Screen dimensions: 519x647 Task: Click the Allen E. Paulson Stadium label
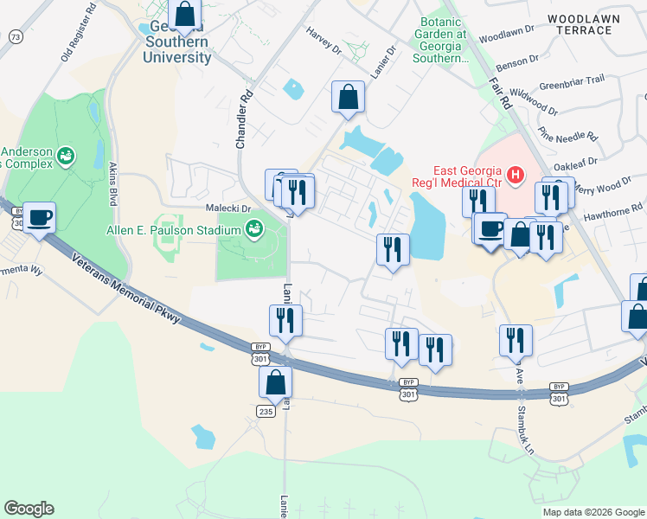(196, 229)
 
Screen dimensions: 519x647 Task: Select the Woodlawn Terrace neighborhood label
(580, 23)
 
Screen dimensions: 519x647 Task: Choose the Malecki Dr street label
(227, 208)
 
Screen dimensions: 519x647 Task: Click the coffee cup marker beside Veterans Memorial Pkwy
(38, 216)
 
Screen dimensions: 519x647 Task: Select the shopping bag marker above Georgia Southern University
(184, 15)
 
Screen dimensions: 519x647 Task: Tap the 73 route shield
(15, 36)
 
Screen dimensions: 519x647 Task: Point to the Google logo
(29, 509)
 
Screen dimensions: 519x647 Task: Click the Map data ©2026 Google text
(593, 512)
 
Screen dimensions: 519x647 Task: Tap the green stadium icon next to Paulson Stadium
(254, 229)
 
